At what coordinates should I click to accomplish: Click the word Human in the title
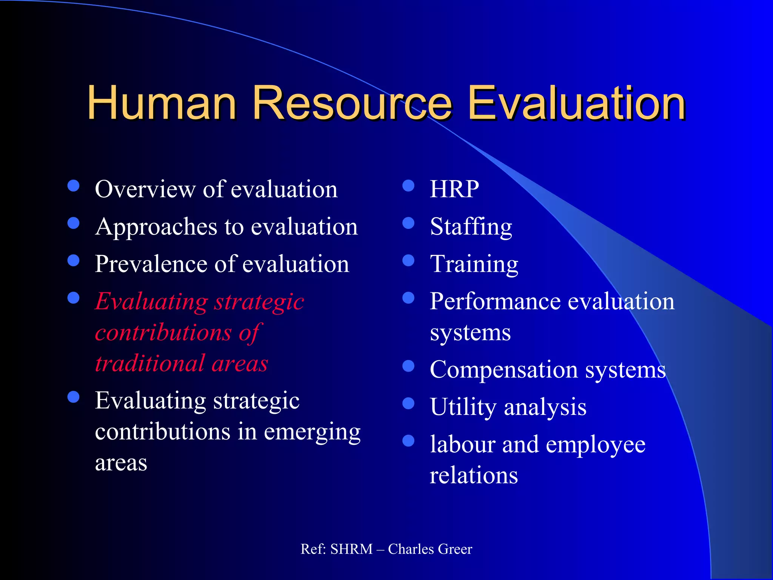pyautogui.click(x=162, y=103)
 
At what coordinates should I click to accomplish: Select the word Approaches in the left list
pyautogui.click(x=156, y=227)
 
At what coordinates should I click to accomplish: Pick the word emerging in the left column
pyautogui.click(x=312, y=433)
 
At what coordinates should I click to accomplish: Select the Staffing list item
pyautogui.click(x=471, y=227)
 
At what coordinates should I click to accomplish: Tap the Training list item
pyautogui.click(x=474, y=264)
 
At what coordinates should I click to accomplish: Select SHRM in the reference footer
pyautogui.click(x=351, y=549)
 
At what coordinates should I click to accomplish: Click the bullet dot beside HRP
pyautogui.click(x=408, y=186)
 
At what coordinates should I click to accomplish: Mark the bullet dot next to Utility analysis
pyautogui.click(x=408, y=404)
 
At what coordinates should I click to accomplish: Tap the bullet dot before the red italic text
pyautogui.click(x=73, y=298)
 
